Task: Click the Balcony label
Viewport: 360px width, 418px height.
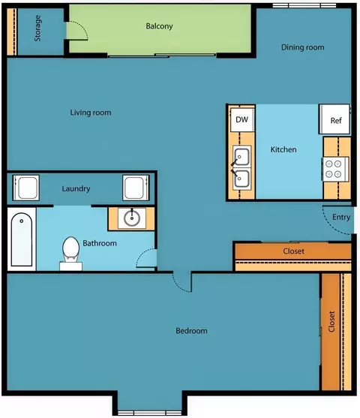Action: [x=159, y=26]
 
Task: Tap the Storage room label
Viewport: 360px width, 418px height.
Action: [x=37, y=29]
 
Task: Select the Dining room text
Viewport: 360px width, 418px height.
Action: [x=303, y=47]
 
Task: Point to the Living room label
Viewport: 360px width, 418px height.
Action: [x=91, y=113]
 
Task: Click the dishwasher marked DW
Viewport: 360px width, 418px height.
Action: [x=242, y=119]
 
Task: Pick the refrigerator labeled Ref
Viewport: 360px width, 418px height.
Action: [x=334, y=119]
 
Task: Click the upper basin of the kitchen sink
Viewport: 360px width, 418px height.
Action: [x=241, y=157]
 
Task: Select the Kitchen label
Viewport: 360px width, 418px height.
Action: [x=283, y=149]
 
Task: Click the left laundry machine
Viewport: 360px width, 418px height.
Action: [x=26, y=188]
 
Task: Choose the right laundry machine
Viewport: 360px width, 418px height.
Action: [x=136, y=188]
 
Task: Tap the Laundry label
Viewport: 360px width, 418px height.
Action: [x=76, y=189]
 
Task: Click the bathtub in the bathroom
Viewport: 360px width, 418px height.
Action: [x=22, y=239]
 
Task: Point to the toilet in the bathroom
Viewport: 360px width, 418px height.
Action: [x=71, y=253]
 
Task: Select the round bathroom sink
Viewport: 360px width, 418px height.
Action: [x=132, y=218]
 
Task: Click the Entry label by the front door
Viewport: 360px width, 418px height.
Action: [x=341, y=218]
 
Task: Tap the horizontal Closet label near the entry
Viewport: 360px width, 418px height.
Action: [x=294, y=251]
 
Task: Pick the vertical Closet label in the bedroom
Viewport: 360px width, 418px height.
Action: [x=331, y=321]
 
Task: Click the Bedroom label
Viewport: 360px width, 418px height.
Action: [x=191, y=331]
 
